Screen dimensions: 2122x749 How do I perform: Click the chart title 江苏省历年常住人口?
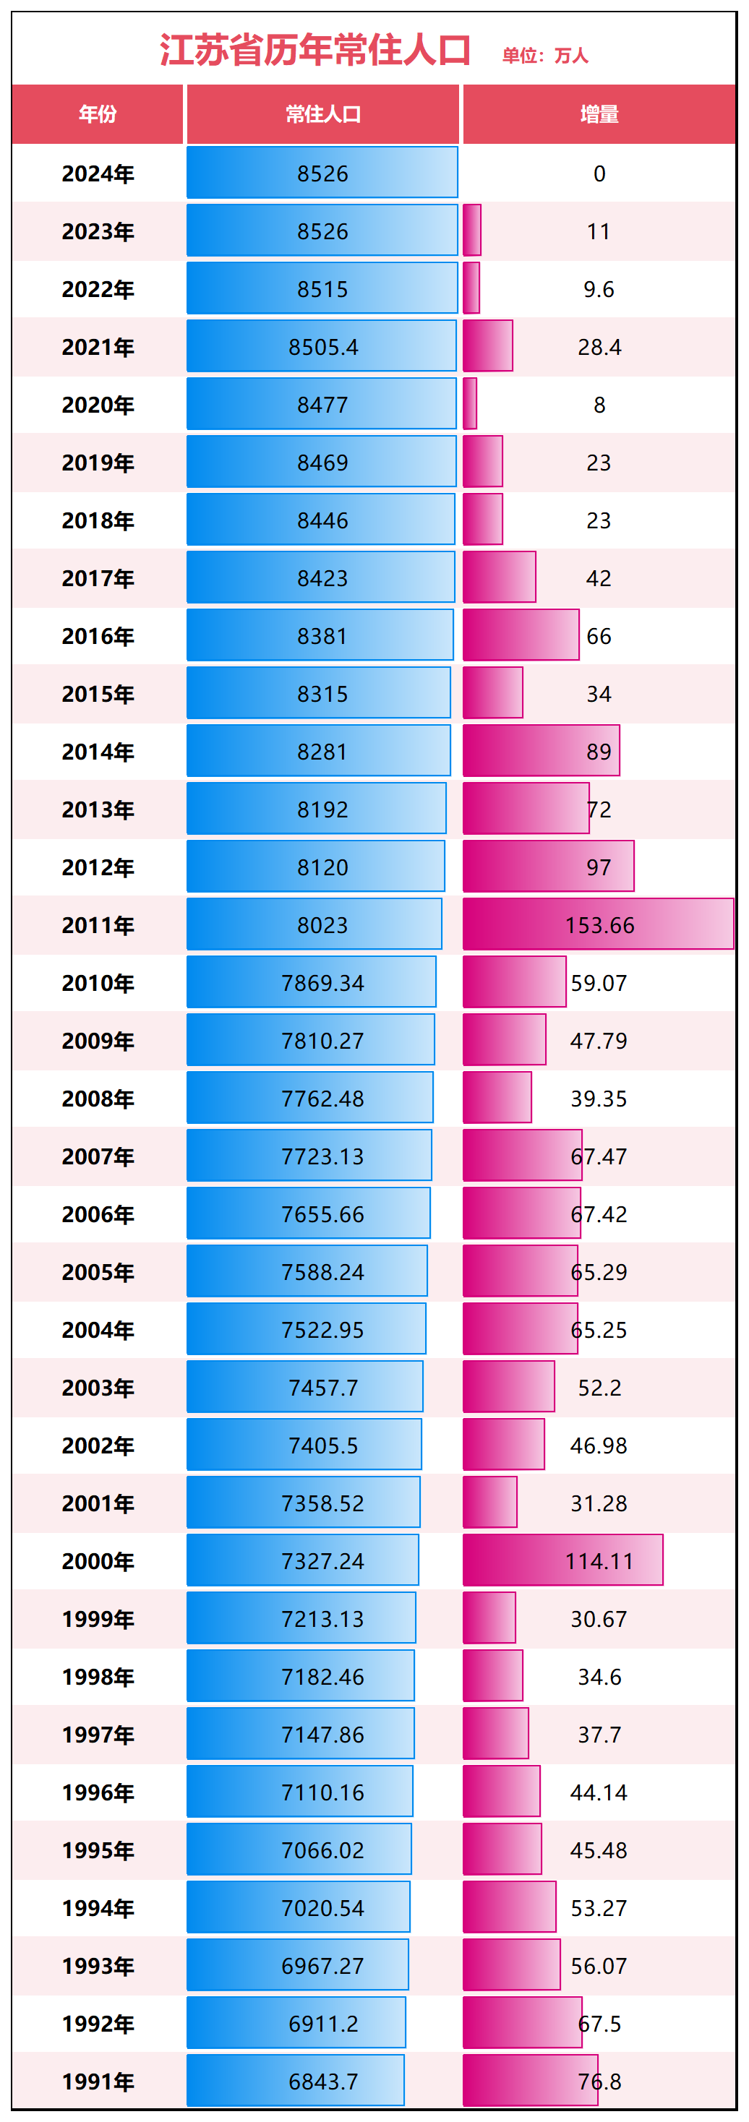pos(314,51)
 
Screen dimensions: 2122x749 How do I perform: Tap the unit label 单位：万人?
pos(545,56)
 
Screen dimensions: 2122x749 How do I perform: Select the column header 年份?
pos(97,114)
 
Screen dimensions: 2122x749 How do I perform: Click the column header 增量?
pos(599,114)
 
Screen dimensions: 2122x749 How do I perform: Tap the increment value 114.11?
pos(599,1561)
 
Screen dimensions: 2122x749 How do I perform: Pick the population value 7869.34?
pos(322,983)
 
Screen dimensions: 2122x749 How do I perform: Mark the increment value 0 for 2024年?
pos(599,173)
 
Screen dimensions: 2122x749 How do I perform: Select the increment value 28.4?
pos(599,347)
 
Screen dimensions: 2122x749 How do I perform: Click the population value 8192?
pos(322,809)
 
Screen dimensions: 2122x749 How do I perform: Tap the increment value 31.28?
pos(599,1503)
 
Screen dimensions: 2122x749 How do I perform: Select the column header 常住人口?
pos(323,114)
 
